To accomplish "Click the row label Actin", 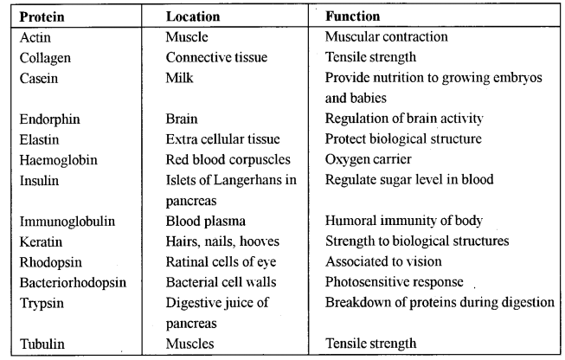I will [35, 38].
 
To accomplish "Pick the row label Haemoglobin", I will [55, 160].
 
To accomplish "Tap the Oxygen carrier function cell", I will [368, 159].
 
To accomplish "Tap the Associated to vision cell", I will [383, 261].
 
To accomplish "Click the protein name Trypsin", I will [42, 302].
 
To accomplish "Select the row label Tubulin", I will [42, 344].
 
